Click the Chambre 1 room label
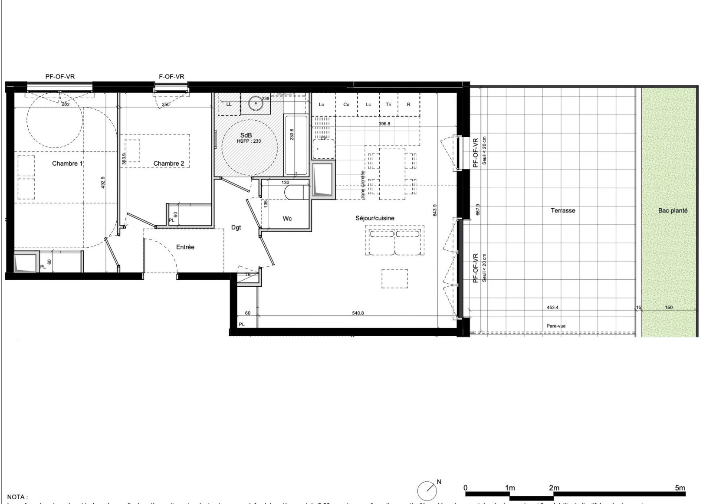pyautogui.click(x=67, y=164)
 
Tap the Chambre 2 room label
pyautogui.click(x=168, y=164)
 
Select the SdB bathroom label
pyautogui.click(x=246, y=135)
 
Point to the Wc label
pyautogui.click(x=287, y=219)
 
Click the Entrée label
pyautogui.click(x=185, y=247)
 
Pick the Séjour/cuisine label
pyautogui.click(x=374, y=218)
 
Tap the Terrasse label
pyautogui.click(x=563, y=210)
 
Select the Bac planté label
pyautogui.click(x=673, y=210)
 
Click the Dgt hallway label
pyautogui.click(x=236, y=227)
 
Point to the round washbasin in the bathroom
pyautogui.click(x=256, y=104)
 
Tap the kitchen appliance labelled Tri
pyautogui.click(x=388, y=105)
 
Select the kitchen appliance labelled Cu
pyautogui.click(x=346, y=105)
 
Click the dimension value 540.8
pyautogui.click(x=358, y=313)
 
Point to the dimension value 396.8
pyautogui.click(x=384, y=124)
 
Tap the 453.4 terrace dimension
pyautogui.click(x=552, y=308)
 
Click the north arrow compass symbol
pyautogui.click(x=427, y=491)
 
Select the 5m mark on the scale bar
pyautogui.click(x=680, y=488)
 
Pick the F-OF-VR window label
pyautogui.click(x=171, y=77)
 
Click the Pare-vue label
pyautogui.click(x=556, y=326)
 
